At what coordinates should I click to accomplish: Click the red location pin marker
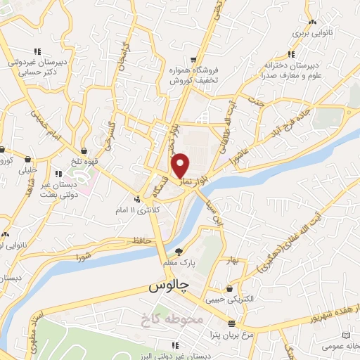(x=181, y=165)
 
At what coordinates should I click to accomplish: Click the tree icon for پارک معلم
(x=180, y=252)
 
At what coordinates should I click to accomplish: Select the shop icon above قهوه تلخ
(x=84, y=150)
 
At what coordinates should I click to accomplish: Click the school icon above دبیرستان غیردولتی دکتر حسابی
(x=37, y=51)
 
